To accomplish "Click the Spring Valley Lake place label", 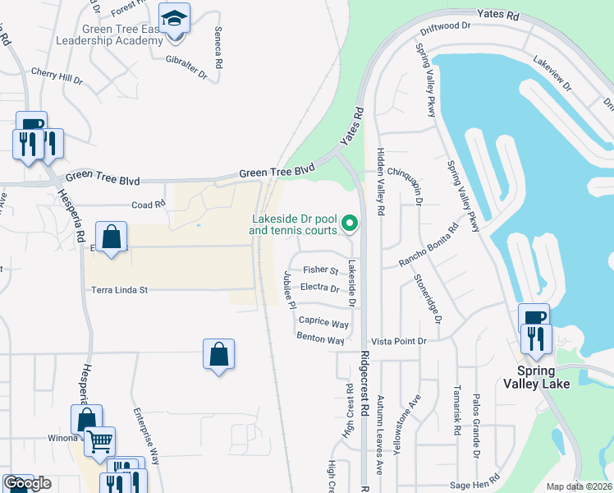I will [x=538, y=376].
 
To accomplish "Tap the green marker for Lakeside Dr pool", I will [x=350, y=223].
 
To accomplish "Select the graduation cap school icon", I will [x=174, y=19].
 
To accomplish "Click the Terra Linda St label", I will [x=119, y=290].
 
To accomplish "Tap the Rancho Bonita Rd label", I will [x=428, y=246].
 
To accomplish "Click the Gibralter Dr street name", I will [x=187, y=62].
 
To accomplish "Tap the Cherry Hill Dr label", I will [x=57, y=79].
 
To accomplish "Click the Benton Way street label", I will [x=320, y=339].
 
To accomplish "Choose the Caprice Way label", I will [x=323, y=323].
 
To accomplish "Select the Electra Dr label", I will [x=320, y=288].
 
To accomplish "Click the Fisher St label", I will [x=320, y=270].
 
